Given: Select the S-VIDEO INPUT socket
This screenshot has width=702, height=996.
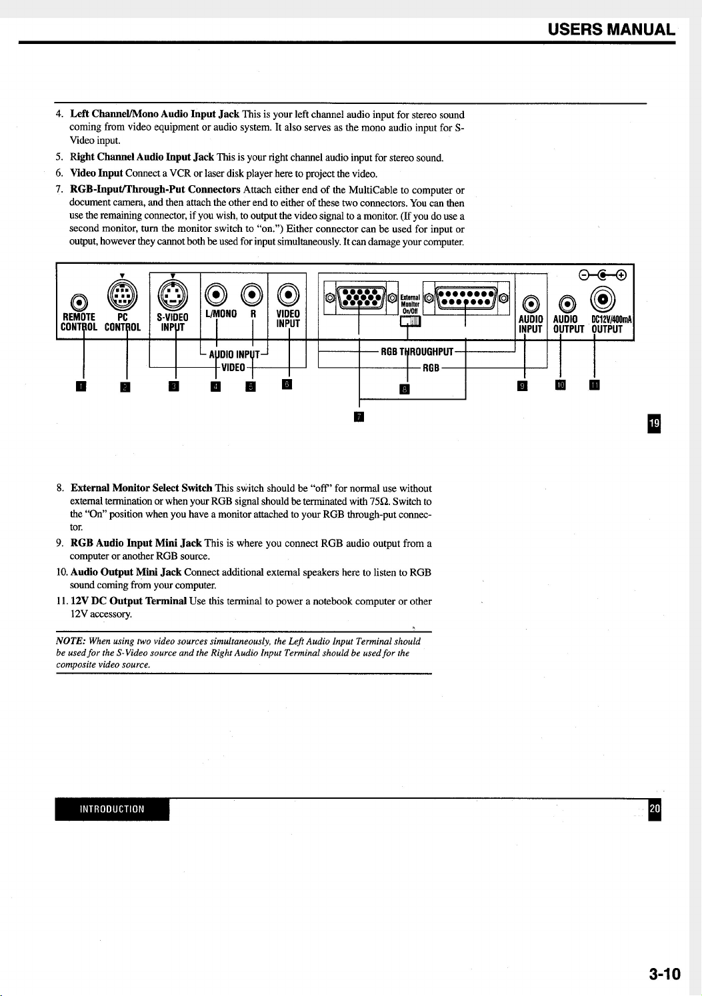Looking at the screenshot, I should (x=172, y=294).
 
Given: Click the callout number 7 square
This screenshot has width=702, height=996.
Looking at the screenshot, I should (x=359, y=417).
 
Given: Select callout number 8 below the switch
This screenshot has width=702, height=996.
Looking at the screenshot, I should (x=403, y=389).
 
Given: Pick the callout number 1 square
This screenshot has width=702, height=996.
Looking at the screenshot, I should (x=81, y=386).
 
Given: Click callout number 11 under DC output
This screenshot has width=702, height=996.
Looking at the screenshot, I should (x=595, y=384).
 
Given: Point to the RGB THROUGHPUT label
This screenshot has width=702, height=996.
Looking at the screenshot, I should (x=417, y=352).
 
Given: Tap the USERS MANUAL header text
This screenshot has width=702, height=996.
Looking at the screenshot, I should (x=611, y=30).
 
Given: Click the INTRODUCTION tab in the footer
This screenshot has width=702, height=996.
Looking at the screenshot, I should (x=112, y=809).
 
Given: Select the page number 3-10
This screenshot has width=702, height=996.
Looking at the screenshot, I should (x=664, y=974).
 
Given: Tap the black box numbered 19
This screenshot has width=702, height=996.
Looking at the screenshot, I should (x=655, y=424).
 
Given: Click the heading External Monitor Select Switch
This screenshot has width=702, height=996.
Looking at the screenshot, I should (x=141, y=488).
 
